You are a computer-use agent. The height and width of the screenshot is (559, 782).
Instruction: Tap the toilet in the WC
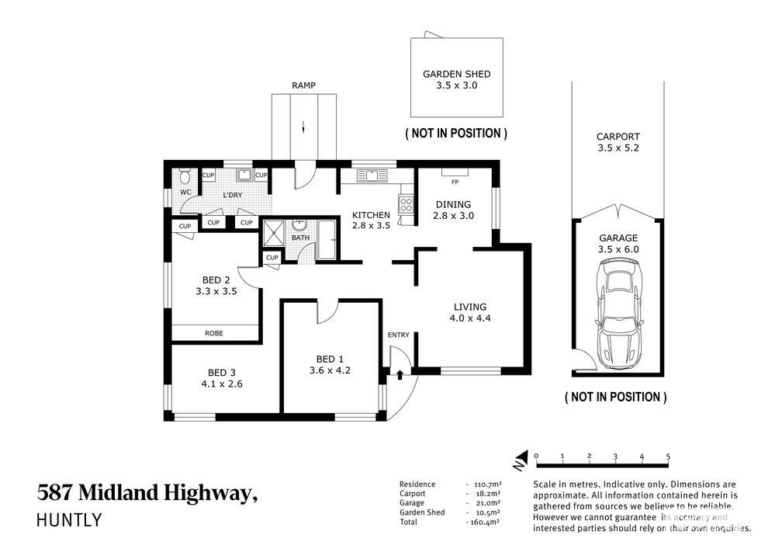click(x=185, y=176)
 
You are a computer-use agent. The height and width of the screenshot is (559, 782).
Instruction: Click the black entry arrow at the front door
click(x=400, y=374)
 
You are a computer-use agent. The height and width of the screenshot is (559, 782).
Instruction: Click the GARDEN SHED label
click(x=456, y=75)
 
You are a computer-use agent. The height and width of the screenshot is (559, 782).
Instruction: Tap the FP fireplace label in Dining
click(x=455, y=182)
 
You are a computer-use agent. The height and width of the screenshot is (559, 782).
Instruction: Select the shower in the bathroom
click(x=273, y=233)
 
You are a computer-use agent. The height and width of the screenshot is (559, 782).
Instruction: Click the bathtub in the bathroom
click(x=327, y=240)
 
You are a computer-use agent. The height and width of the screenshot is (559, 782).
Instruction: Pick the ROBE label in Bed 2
click(x=214, y=333)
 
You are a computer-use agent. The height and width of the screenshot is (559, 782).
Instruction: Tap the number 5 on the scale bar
click(x=668, y=457)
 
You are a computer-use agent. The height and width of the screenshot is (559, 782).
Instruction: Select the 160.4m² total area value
click(x=483, y=522)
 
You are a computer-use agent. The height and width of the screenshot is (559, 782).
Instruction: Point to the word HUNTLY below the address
click(x=69, y=520)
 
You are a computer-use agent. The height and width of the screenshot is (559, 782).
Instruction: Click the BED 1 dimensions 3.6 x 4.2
click(x=330, y=370)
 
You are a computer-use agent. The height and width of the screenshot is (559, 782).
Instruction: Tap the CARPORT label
click(x=618, y=137)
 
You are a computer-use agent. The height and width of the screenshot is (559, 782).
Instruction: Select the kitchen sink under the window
click(x=372, y=175)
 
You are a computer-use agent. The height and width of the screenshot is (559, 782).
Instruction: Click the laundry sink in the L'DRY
click(x=244, y=175)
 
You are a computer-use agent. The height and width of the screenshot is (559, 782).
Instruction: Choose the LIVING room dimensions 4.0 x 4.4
click(x=470, y=318)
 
